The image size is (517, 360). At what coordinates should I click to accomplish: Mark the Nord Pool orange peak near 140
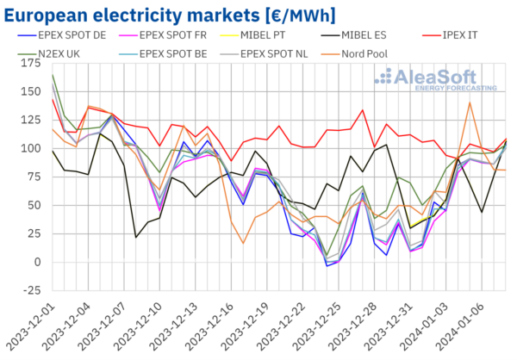(470, 102)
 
